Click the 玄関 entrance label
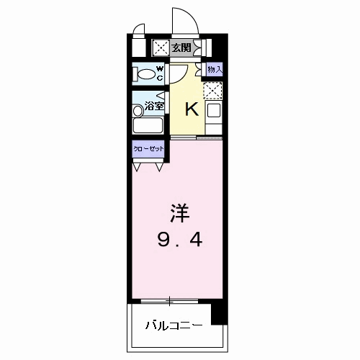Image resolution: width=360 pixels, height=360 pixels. (x=181, y=48)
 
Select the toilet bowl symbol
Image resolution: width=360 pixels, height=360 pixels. (x=144, y=73)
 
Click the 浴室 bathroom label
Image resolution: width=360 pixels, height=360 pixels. (x=153, y=107)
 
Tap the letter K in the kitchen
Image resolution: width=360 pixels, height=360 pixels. (x=192, y=109)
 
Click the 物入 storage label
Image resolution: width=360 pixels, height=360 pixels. (x=214, y=69)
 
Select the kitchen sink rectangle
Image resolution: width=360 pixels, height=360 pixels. (x=213, y=112)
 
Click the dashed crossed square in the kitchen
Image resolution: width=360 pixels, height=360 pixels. (x=213, y=89)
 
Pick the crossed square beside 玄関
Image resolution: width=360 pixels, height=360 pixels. (x=161, y=48)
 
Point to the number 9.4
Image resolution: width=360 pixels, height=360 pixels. (x=180, y=240)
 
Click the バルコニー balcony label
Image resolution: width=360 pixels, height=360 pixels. (x=172, y=325)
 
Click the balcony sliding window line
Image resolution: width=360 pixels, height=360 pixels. (x=171, y=300)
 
